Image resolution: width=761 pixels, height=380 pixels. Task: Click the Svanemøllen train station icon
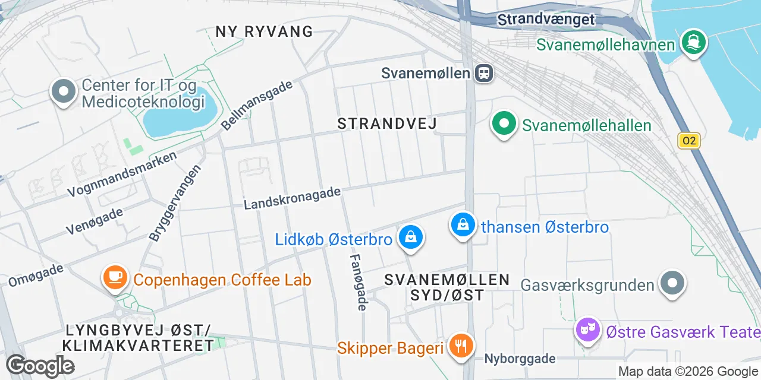tap(485, 73)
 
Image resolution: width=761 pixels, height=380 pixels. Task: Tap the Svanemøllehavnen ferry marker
tap(693, 43)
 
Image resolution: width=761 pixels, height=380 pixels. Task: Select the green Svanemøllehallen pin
tap(504, 124)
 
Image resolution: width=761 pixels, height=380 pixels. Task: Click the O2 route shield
tap(689, 141)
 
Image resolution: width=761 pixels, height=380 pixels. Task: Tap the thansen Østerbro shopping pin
tap(463, 225)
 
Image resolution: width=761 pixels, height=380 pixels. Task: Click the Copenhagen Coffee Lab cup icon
tap(115, 277)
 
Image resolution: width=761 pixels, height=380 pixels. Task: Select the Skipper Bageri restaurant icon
tap(460, 345)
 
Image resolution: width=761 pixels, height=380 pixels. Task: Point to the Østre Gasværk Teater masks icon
tap(588, 330)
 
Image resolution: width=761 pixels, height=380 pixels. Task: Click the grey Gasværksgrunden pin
tap(672, 283)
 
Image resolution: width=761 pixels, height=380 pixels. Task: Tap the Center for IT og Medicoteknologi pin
tap(64, 92)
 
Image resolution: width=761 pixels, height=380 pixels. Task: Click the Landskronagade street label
tap(293, 198)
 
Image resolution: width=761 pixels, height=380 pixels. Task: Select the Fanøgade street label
tap(358, 282)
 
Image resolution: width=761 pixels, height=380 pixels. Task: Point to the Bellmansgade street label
tap(257, 104)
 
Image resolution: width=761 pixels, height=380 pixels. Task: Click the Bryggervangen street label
tap(175, 202)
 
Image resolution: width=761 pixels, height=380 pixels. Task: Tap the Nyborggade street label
tap(520, 359)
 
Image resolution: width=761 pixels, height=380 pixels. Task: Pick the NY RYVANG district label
tap(264, 31)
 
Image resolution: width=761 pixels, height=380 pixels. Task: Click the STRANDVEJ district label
tap(387, 123)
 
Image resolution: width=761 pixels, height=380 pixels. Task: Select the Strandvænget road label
tap(546, 19)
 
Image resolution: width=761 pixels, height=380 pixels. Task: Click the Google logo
tap(40, 366)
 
